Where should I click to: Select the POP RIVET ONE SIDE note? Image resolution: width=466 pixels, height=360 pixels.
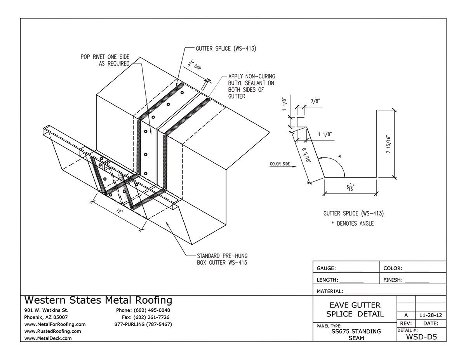[105, 60]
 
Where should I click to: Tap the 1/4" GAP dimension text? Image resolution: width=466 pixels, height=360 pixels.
[196, 66]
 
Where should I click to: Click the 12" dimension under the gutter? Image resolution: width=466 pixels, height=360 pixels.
[119, 212]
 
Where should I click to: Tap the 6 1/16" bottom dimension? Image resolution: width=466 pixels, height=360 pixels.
[349, 188]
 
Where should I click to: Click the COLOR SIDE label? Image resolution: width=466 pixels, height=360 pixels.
[280, 164]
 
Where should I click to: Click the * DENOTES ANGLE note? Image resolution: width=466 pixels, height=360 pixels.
[353, 223]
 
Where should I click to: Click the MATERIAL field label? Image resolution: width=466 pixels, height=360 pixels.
[330, 291]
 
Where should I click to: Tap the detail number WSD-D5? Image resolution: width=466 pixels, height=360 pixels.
[421, 337]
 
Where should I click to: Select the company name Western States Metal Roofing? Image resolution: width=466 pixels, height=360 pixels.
[98, 300]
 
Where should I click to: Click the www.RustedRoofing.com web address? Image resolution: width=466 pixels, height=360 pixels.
[52, 331]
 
